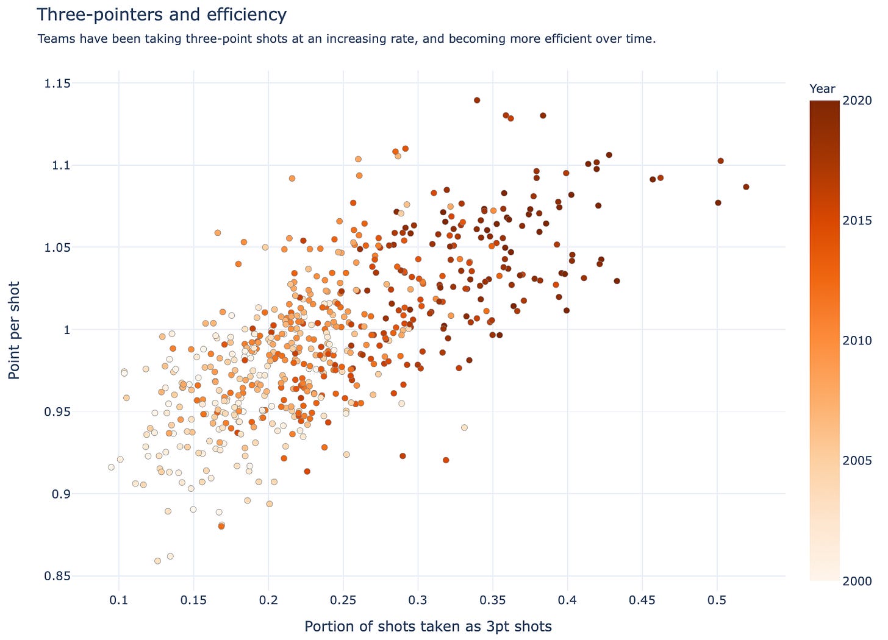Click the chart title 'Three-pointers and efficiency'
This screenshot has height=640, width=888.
tap(162, 15)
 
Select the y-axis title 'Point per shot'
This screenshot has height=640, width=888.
tap(15, 330)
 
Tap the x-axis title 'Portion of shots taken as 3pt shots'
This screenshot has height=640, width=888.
tap(428, 626)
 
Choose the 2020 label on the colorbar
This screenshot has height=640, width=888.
tap(860, 101)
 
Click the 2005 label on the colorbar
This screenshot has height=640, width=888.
tap(860, 460)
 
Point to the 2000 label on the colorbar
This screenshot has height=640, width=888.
tap(860, 580)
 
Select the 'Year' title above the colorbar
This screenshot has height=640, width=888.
tap(822, 89)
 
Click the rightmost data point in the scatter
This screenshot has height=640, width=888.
tap(746, 187)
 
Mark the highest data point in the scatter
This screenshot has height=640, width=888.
tap(477, 100)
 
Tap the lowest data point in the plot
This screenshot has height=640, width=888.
tap(157, 561)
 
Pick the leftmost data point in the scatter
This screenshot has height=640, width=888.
tap(111, 467)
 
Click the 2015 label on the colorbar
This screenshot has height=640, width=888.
tap(860, 220)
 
